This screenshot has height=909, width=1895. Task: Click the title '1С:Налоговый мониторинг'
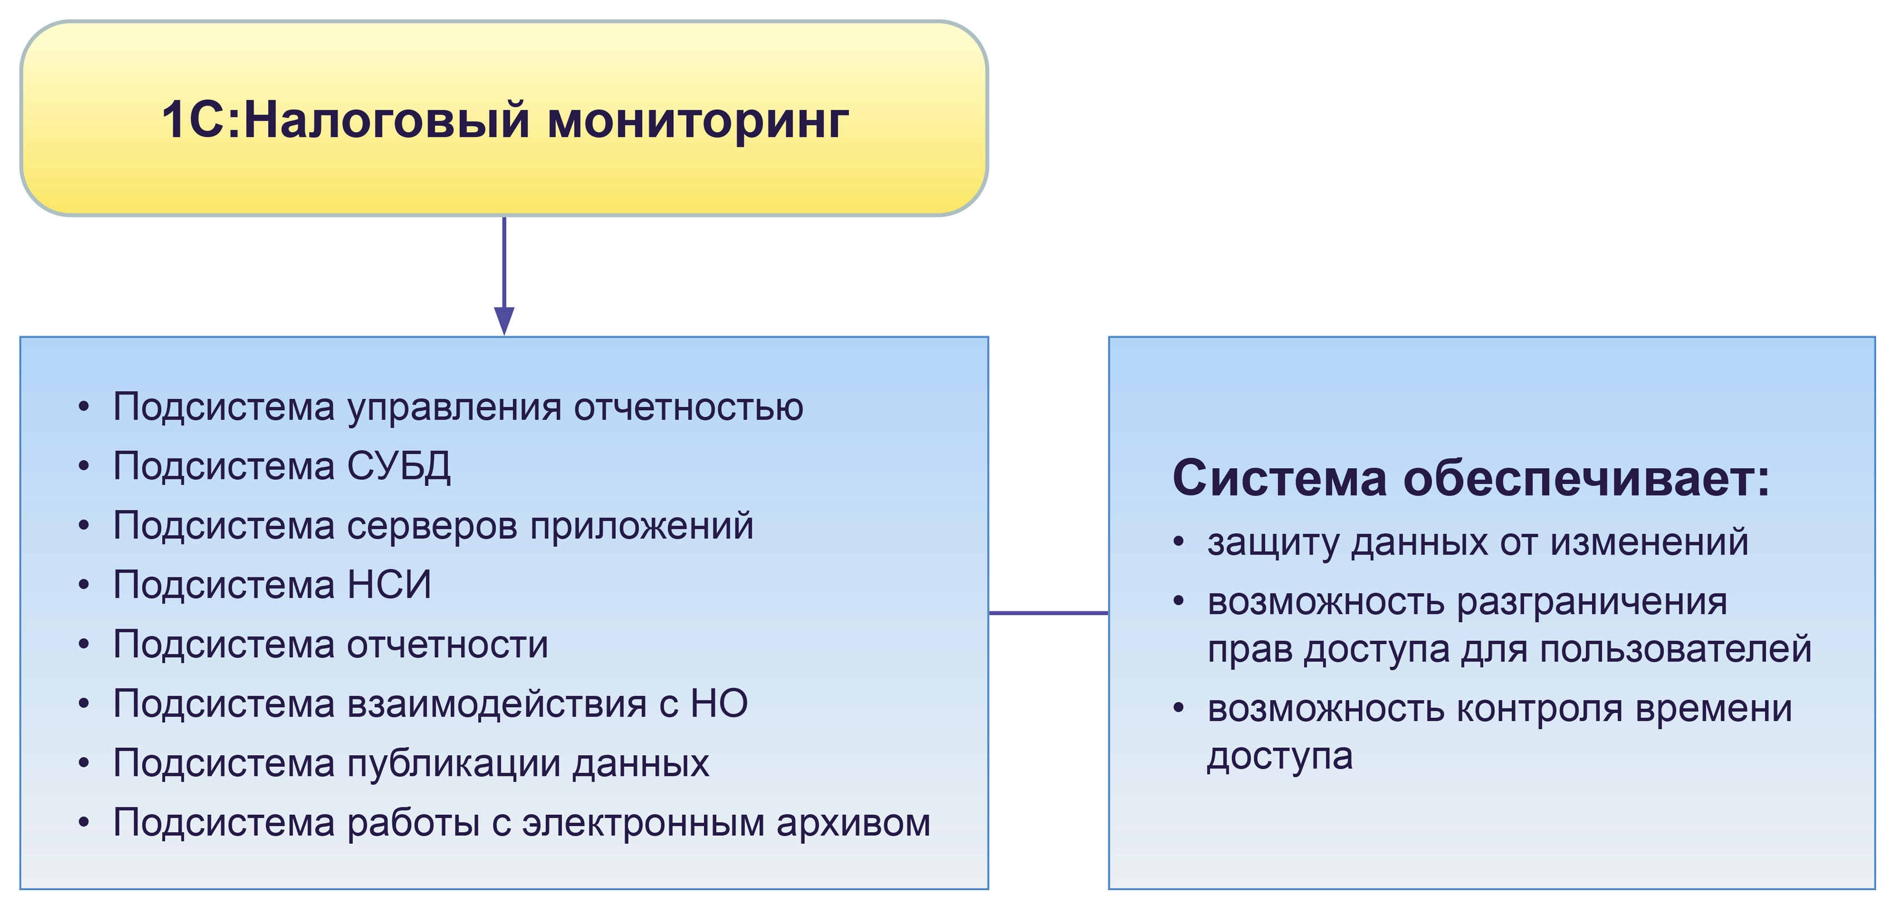click(x=504, y=119)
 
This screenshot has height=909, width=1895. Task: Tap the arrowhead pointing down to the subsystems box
click(x=504, y=320)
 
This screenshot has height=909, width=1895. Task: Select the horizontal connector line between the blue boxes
click(x=1048, y=612)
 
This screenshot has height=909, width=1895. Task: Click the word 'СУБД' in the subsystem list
click(x=399, y=466)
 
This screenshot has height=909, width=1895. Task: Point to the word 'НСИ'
click(x=389, y=585)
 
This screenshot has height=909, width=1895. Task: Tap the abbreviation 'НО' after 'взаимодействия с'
click(x=719, y=704)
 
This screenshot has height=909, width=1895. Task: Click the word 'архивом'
click(x=853, y=823)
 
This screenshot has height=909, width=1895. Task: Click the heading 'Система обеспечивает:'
click(x=1471, y=478)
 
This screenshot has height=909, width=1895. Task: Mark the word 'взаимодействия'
click(x=497, y=704)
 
